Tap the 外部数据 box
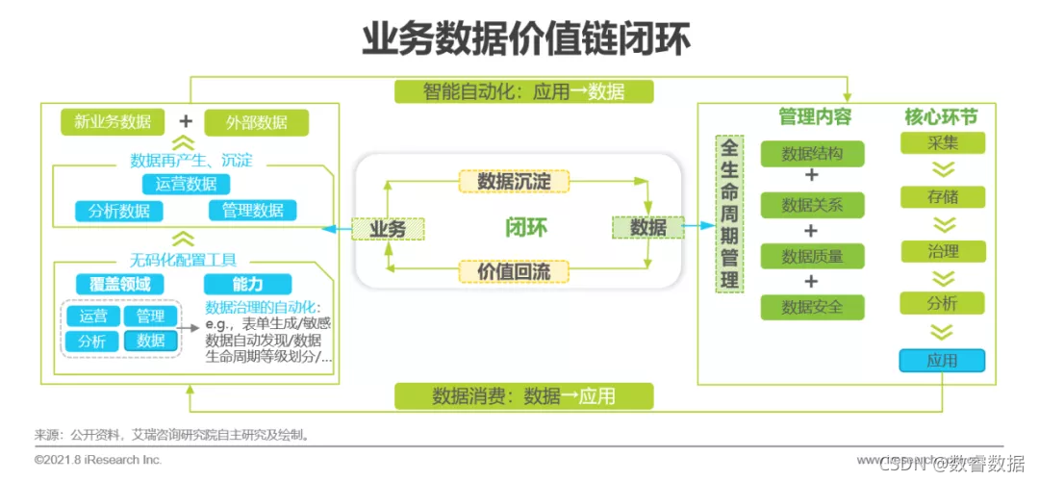[257, 122]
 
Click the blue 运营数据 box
[186, 184]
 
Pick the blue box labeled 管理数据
[252, 211]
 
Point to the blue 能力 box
[247, 284]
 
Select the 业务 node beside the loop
[388, 229]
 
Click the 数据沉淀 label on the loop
[514, 181]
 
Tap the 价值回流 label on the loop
[514, 271]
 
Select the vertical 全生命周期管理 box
[730, 214]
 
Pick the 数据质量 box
[812, 256]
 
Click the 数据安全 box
[812, 307]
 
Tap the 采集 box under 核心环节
[942, 143]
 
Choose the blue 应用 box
[942, 361]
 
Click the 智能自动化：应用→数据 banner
[524, 91]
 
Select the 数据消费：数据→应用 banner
[524, 395]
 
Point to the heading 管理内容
[814, 116]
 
